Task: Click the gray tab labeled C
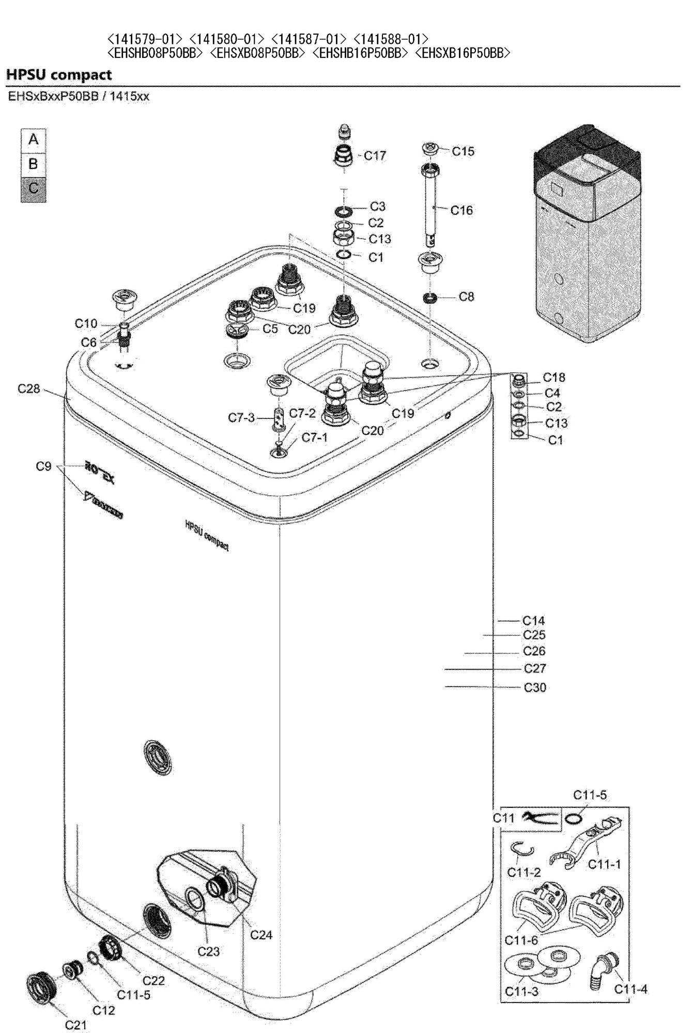[34, 189]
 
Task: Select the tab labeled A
[34, 140]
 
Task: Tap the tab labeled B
[34, 165]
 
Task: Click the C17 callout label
[375, 155]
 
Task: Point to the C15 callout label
[463, 151]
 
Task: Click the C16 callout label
[462, 210]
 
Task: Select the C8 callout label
[467, 297]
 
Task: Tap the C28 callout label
[29, 389]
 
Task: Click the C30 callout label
[535, 687]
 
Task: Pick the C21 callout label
[76, 1025]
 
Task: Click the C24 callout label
[261, 934]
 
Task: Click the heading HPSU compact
[59, 75]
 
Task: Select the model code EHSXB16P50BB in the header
[463, 53]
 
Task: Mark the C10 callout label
[86, 324]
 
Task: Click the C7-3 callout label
[242, 417]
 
